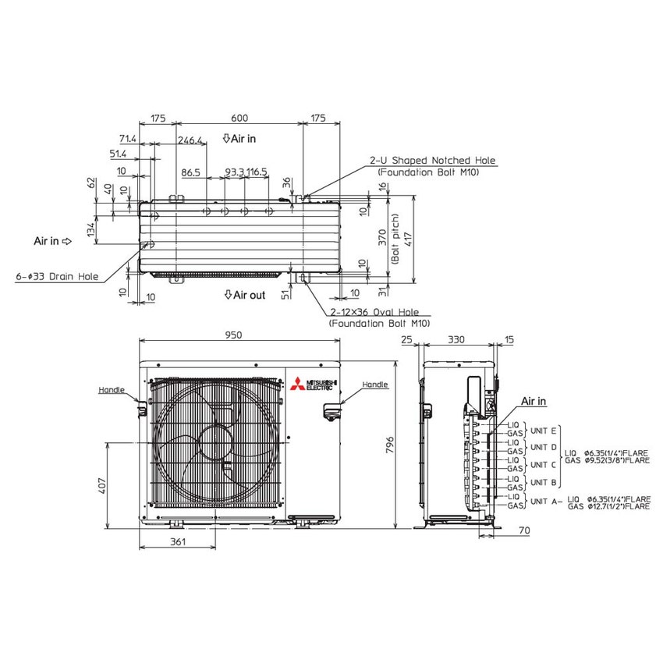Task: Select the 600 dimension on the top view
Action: tap(239, 119)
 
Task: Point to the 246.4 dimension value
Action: tap(190, 141)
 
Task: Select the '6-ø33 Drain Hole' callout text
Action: tap(57, 277)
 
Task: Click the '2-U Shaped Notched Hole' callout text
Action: tap(432, 161)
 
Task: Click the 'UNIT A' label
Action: tap(543, 501)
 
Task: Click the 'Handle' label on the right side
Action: tap(374, 385)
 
